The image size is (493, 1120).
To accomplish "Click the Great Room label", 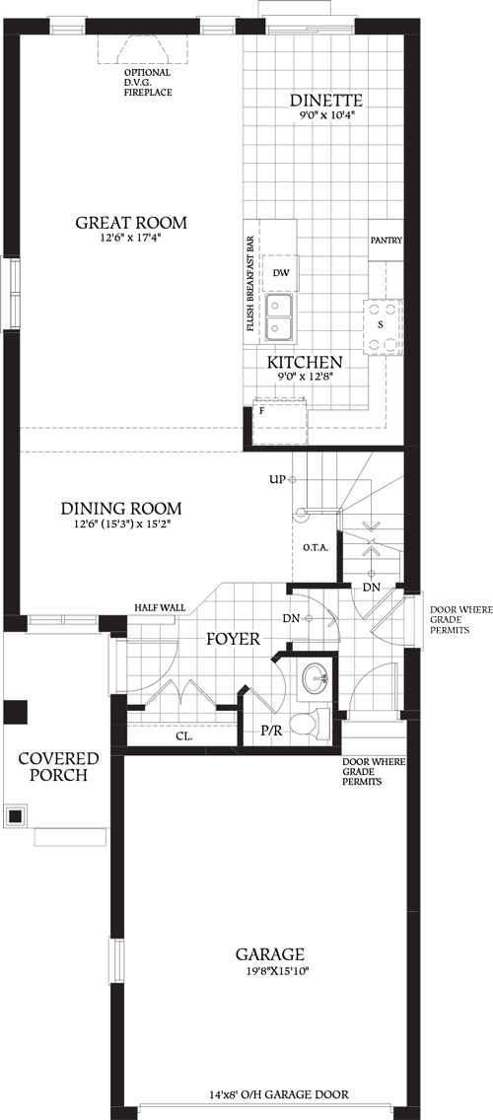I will click(x=131, y=222).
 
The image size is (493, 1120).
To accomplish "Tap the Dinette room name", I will click(x=326, y=101).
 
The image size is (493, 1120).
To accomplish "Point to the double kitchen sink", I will click(x=280, y=318).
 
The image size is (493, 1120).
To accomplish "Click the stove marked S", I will click(x=381, y=323).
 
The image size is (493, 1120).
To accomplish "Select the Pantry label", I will click(x=386, y=241).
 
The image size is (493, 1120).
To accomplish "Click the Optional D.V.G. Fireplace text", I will click(x=147, y=82).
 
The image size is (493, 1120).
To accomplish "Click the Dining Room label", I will click(x=121, y=509).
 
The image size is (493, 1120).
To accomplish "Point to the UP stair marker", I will click(x=277, y=479).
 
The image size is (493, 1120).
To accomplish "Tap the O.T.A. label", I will click(x=316, y=547).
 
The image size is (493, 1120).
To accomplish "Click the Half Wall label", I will click(x=161, y=607).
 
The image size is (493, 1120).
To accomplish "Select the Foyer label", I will click(x=233, y=639).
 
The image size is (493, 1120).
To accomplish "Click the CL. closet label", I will click(x=183, y=735).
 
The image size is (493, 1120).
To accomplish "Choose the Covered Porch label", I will click(x=59, y=766).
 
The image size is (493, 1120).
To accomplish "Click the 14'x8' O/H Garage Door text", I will click(x=279, y=1094).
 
